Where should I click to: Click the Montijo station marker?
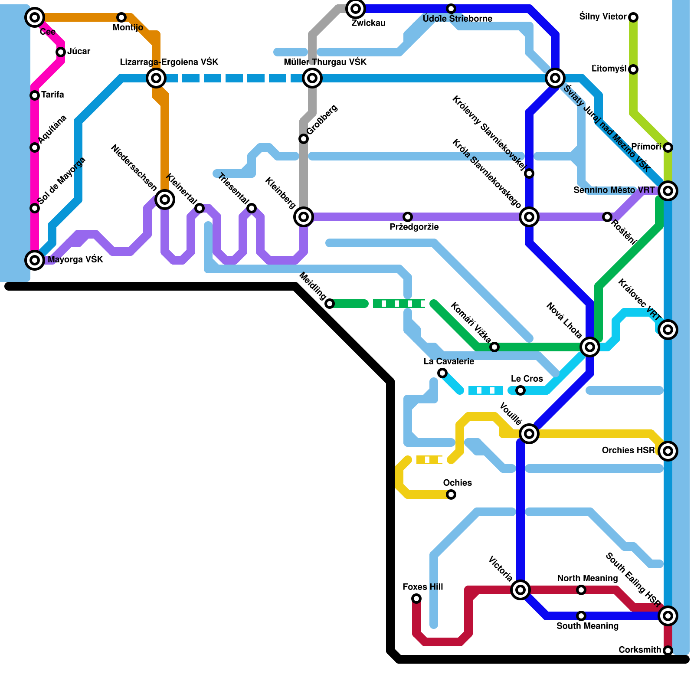pos(121,17)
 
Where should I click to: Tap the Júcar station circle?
pos(61,52)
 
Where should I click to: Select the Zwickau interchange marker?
pos(356,8)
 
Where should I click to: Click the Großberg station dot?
pos(304,139)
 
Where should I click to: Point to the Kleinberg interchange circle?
pos(304,217)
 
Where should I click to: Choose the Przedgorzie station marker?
pos(408,217)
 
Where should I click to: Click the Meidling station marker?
pos(330,304)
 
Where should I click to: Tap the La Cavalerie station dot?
pos(442,373)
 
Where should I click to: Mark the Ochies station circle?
pos(451,494)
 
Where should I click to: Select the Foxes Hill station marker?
pos(416,599)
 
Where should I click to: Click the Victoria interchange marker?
pos(520,589)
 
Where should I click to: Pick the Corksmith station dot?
pos(668,651)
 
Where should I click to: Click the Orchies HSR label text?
pos(628,451)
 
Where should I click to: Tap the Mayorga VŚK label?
pos(75,260)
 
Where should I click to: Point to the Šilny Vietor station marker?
pos(633,17)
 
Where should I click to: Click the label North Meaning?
pos(587,578)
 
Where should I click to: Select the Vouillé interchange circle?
pos(529,433)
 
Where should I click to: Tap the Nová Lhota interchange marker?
pos(590,347)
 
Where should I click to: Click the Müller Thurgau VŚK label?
pos(325,62)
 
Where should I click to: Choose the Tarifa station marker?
pos(35,95)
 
